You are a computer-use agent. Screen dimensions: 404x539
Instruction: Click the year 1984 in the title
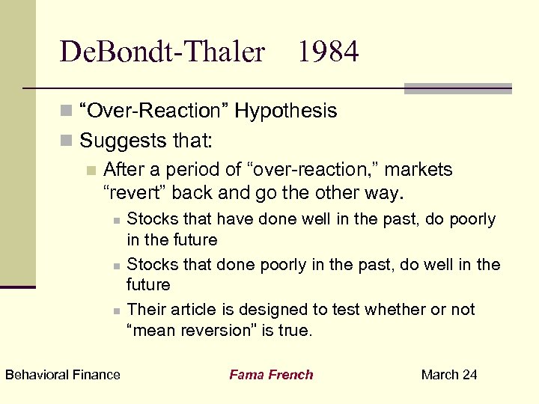[x=328, y=52]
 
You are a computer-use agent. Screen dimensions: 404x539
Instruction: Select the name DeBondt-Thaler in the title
[x=162, y=52]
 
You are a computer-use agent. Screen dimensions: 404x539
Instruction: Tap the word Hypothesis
[x=285, y=111]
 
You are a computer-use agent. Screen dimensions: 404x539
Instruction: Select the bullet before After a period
[x=91, y=171]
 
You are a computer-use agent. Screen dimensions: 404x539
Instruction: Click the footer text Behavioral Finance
[x=62, y=375]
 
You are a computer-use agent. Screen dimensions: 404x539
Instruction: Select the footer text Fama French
[x=271, y=375]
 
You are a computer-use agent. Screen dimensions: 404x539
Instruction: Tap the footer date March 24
[x=449, y=375]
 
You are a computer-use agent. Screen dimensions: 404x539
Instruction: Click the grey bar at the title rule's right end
[x=457, y=88]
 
